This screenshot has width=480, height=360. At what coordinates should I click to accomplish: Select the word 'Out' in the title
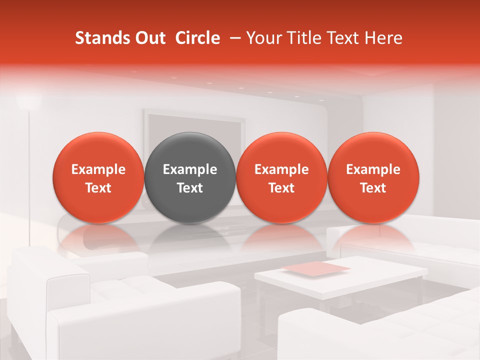point(150,38)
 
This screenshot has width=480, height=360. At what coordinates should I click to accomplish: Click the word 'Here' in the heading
point(383,38)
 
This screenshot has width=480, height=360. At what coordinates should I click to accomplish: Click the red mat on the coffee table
point(317,268)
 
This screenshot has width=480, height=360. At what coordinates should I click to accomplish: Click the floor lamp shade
point(28,101)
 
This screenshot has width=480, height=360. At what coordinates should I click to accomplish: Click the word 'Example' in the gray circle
point(190,169)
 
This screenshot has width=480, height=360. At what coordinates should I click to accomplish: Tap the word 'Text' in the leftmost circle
point(98,188)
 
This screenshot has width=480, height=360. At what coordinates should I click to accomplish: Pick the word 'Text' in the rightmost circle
point(373,188)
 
